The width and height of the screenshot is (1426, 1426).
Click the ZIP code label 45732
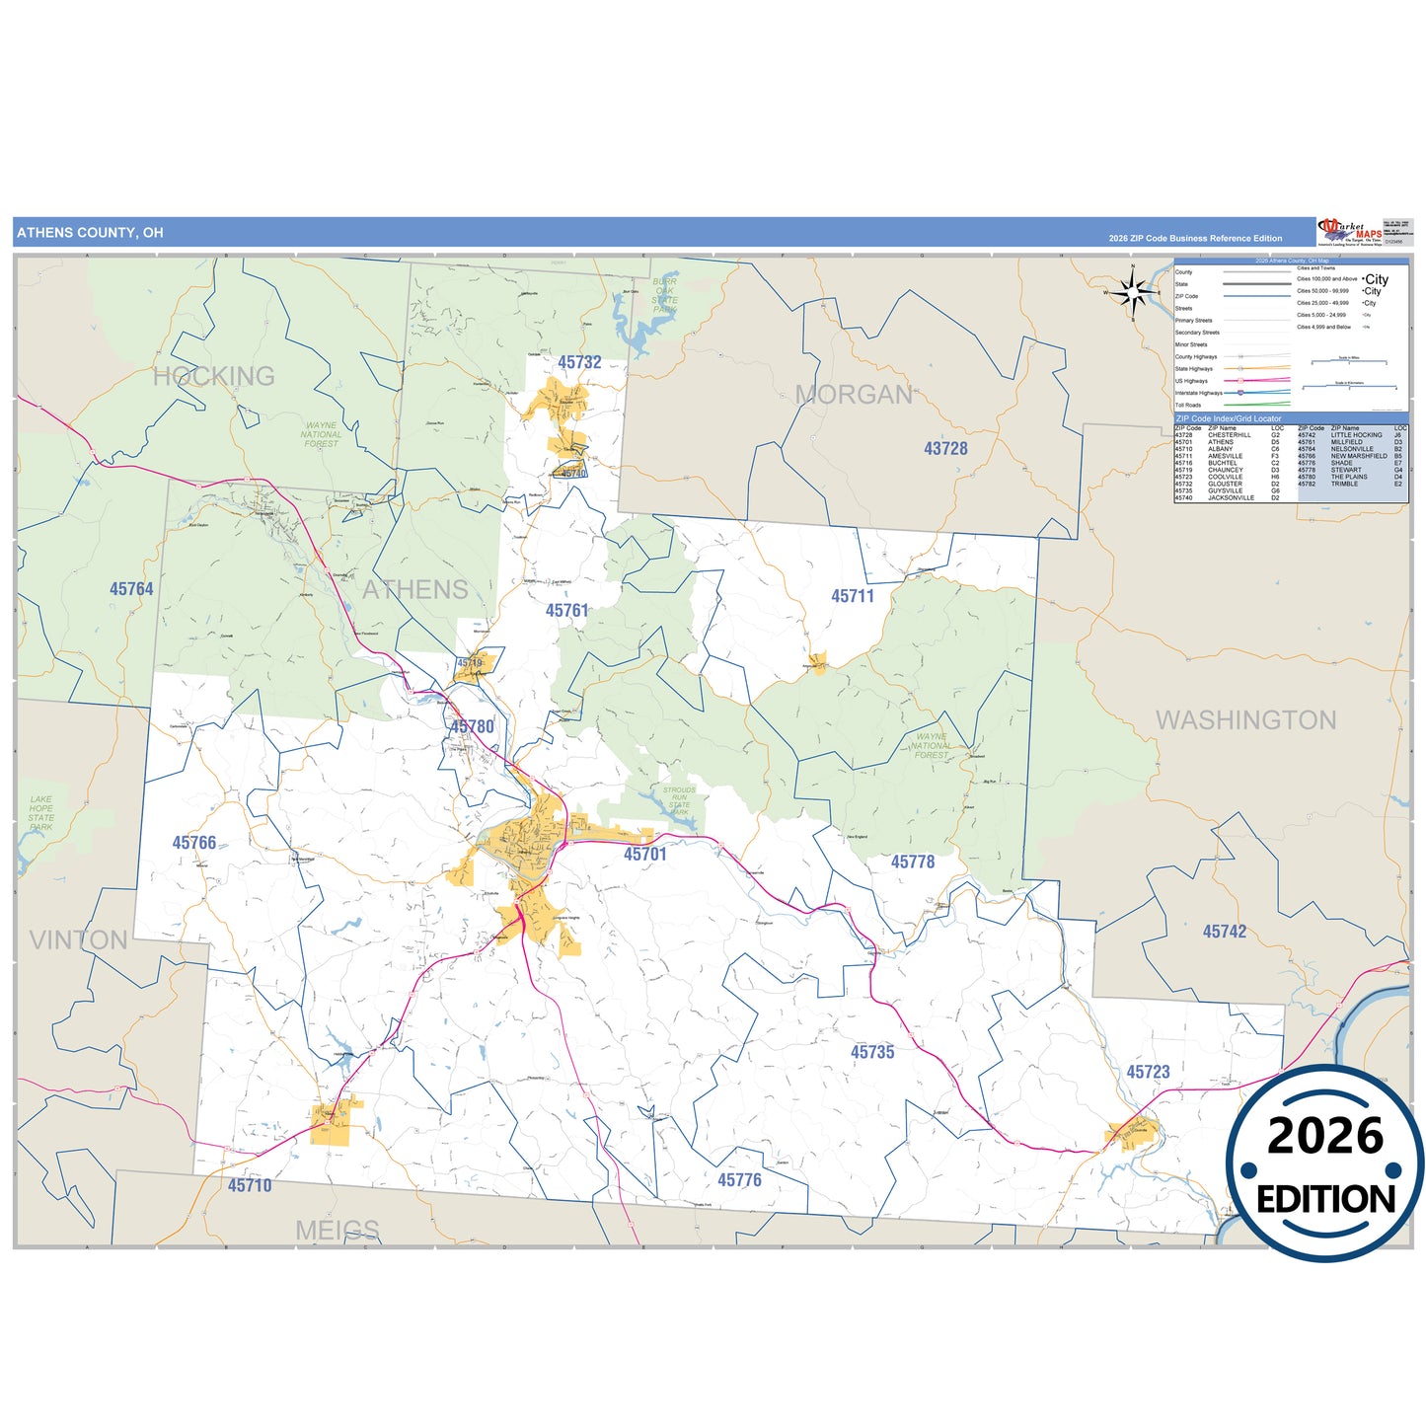(579, 362)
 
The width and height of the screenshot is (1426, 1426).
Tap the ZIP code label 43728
(945, 448)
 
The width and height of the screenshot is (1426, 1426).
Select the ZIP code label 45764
(131, 589)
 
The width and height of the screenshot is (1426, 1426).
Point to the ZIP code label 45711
(853, 596)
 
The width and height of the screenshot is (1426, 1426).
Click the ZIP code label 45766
(194, 843)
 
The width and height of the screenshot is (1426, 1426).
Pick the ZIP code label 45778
(913, 862)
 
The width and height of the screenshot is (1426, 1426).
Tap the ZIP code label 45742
(1225, 932)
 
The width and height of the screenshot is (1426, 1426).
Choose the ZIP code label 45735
(872, 1052)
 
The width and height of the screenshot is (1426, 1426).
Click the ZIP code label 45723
(1148, 1072)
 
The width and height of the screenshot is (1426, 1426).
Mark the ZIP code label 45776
(739, 1180)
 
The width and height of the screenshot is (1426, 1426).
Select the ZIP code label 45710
(250, 1185)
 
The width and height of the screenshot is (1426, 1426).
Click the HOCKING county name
(214, 376)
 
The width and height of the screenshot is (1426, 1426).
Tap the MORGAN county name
(855, 395)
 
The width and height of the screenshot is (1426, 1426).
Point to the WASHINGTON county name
(1246, 720)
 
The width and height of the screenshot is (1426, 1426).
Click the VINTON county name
(79, 939)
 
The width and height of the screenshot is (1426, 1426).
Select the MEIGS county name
(338, 1230)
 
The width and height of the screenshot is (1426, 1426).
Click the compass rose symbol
(1134, 292)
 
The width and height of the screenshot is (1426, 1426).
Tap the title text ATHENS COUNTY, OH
(90, 233)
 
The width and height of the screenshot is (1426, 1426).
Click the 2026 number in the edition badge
(1325, 1136)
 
